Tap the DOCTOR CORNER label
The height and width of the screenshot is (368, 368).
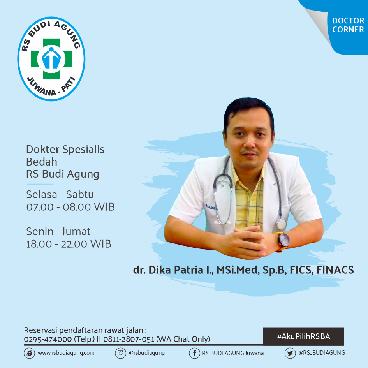[348, 25]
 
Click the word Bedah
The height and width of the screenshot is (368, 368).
[42, 162]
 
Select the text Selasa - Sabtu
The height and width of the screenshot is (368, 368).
[60, 195]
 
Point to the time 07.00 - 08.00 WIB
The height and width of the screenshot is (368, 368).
[70, 207]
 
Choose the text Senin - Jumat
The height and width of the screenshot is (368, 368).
[58, 232]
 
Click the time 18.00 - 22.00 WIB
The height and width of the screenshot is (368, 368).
[69, 244]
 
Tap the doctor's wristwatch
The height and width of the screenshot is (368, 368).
[283, 242]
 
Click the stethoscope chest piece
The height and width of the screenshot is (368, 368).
[281, 224]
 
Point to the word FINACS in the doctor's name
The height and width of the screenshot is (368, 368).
[335, 270]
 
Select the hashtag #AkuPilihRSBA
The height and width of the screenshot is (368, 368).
[303, 336]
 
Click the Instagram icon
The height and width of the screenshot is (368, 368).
[120, 353]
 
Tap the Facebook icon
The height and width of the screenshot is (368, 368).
[194, 353]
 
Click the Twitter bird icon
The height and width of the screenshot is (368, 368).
[290, 353]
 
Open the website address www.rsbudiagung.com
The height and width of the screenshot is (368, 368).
[66, 353]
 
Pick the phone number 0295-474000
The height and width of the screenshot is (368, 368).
[48, 339]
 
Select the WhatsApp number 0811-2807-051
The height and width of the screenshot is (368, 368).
[129, 339]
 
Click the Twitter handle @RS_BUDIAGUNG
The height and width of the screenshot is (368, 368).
[322, 353]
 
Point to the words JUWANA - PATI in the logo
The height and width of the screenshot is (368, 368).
[51, 88]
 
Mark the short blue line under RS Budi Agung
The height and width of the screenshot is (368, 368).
[40, 184]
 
